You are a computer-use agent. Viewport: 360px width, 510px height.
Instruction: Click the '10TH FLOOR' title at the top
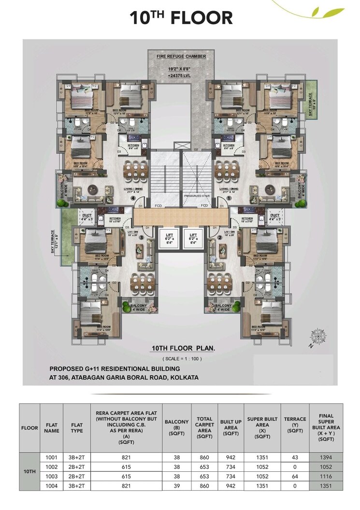(x=181, y=18)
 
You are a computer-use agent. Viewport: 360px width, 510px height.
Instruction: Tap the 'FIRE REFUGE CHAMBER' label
(x=181, y=57)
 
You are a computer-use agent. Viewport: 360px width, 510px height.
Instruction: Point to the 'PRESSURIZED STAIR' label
(x=195, y=196)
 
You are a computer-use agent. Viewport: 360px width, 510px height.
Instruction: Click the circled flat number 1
(x=230, y=197)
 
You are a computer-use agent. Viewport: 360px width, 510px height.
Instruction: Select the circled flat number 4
(x=131, y=197)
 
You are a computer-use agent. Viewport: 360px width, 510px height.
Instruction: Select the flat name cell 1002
(x=51, y=466)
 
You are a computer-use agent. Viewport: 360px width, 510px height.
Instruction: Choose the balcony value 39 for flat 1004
(x=176, y=486)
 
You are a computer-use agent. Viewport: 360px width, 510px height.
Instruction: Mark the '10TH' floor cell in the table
(x=29, y=471)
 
